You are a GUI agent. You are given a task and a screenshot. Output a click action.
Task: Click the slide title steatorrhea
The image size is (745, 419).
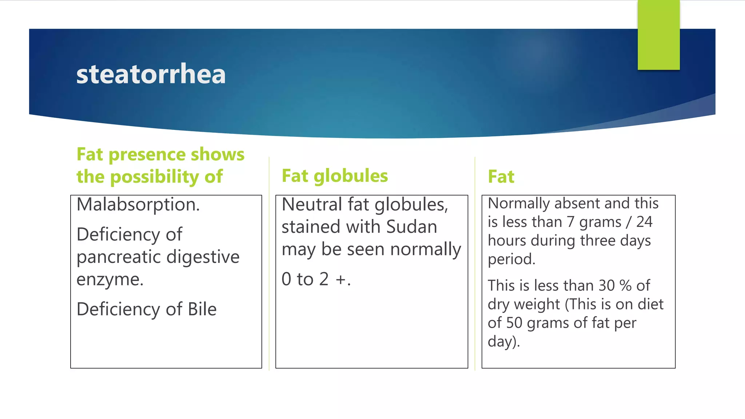[x=151, y=74]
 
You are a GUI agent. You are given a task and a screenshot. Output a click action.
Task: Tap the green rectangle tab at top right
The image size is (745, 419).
[x=658, y=35]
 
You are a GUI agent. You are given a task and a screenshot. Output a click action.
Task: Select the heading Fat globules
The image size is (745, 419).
[x=335, y=176]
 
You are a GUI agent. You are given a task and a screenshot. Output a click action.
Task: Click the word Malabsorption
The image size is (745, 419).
[x=138, y=205]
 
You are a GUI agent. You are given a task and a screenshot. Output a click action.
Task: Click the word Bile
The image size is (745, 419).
[x=202, y=310]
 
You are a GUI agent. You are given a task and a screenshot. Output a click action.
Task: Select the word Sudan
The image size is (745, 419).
[x=411, y=227]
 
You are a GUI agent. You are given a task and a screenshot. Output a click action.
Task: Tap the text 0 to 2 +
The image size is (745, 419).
[x=316, y=279]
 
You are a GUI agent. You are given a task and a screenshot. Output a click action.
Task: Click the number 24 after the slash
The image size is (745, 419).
[x=644, y=222]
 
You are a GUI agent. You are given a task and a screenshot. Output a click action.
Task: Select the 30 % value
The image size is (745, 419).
[x=615, y=286]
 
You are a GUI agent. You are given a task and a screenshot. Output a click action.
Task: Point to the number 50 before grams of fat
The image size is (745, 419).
[x=514, y=323]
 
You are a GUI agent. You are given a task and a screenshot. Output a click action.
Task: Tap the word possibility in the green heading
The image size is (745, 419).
[x=155, y=177]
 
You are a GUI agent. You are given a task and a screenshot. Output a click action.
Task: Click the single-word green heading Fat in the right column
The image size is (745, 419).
[x=501, y=177]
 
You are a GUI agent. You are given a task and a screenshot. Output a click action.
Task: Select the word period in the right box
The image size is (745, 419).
[x=511, y=259]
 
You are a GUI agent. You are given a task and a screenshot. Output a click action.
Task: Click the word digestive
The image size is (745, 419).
[x=203, y=257]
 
